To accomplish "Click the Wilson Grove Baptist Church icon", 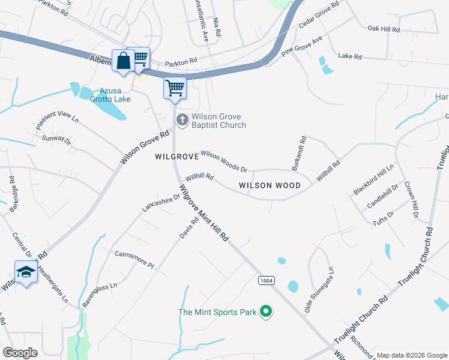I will tap(182, 121).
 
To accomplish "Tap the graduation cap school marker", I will tap(25, 272).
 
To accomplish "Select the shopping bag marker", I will tap(123, 61).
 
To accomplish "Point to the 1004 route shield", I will tap(267, 281).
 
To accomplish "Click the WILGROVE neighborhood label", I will tap(176, 157).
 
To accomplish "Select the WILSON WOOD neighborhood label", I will tap(270, 186).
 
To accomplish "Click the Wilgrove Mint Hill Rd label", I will tap(204, 213).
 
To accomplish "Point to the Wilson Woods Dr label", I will tap(224, 162).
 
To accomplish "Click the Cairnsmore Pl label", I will tap(134, 259).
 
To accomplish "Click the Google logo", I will tap(20, 353).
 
